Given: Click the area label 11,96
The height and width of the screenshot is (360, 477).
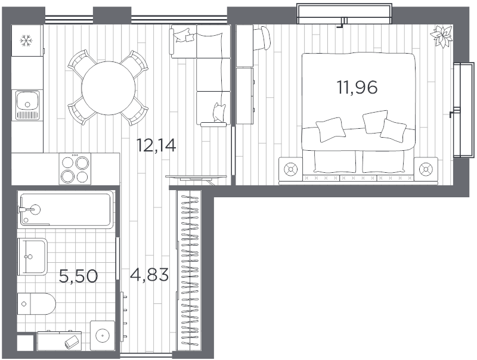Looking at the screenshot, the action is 357,88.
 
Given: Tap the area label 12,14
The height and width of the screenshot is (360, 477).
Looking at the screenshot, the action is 156,145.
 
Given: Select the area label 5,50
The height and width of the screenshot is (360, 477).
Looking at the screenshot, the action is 78,277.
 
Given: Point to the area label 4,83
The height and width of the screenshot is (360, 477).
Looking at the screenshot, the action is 149,275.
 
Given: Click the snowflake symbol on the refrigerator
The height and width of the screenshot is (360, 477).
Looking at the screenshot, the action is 26,41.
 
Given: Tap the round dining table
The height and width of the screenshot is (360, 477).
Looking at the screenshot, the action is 109,88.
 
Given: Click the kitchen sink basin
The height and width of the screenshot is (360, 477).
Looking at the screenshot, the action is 27,101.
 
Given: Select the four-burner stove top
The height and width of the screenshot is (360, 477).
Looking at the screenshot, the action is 75,169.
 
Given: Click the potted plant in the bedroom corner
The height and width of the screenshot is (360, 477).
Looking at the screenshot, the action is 441,36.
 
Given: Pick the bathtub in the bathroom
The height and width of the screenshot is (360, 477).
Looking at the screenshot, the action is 66,210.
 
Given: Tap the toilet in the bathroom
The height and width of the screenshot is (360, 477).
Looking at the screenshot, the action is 36,304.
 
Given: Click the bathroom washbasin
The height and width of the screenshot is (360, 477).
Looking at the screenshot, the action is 33,257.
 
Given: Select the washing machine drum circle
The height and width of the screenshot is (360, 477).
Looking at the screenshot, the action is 103,336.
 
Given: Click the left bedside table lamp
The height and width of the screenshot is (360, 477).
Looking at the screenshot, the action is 290,169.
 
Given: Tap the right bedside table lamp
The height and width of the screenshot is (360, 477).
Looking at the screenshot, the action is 425,169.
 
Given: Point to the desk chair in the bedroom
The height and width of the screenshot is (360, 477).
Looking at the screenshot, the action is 262,38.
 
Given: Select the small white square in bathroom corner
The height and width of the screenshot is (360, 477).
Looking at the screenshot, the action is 25,343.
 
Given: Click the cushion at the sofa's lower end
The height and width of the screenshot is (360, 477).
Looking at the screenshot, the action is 219,112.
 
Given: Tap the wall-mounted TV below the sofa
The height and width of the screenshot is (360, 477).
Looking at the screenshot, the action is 197,176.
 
